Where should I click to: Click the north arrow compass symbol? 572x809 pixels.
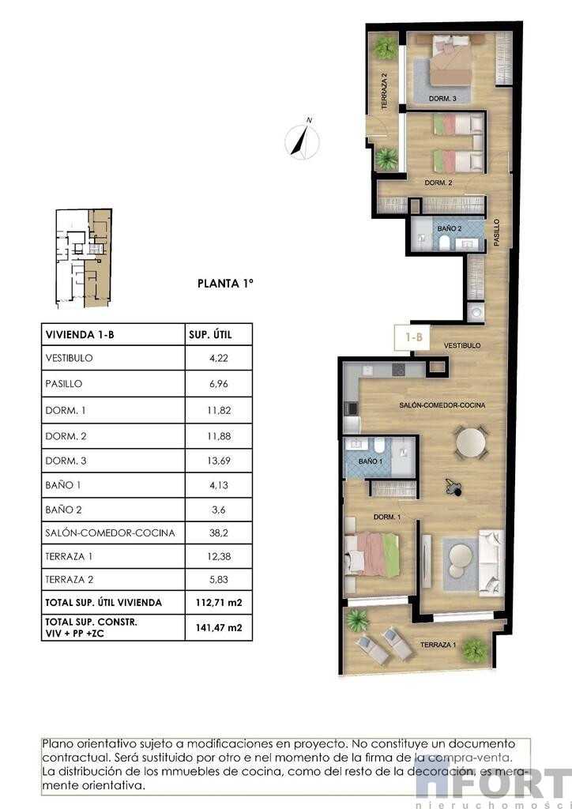303,139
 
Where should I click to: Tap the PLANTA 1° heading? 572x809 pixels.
225,284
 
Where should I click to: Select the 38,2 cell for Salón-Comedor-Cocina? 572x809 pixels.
219,532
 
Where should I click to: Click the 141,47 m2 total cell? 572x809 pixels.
219,627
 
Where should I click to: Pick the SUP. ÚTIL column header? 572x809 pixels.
210,334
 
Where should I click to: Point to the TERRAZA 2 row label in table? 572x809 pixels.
69,579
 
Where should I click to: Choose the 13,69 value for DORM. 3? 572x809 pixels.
219,461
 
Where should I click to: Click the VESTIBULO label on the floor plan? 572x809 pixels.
462,345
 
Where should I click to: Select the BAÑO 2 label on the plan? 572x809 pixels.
450,228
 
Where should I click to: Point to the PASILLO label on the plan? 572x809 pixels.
497,232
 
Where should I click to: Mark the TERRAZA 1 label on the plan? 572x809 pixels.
438,645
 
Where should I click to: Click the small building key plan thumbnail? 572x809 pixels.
84,258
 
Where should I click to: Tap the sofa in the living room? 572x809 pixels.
491,563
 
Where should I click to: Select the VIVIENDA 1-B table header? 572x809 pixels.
80,334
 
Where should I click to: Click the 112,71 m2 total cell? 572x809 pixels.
219,602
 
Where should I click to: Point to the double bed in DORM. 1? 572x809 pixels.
371,554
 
